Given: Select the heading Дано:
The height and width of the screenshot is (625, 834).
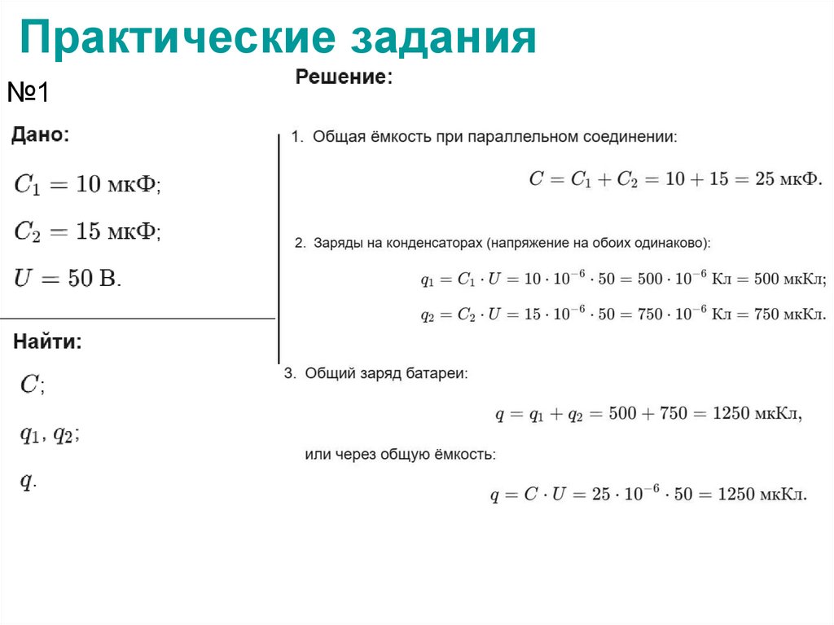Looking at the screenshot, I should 41,135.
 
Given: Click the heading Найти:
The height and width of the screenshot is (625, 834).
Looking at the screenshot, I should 47,342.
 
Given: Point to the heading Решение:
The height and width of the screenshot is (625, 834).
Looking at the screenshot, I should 344,78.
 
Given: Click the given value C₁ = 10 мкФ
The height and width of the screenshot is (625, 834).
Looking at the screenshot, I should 87,185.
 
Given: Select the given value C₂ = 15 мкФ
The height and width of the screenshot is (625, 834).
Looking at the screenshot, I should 87,232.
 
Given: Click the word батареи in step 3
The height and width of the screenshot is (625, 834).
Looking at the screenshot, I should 441,374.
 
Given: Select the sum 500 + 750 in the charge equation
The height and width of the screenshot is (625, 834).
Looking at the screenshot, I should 640,414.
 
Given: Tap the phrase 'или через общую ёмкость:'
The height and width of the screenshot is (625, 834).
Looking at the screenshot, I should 400,455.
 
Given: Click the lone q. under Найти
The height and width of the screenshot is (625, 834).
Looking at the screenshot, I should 28,482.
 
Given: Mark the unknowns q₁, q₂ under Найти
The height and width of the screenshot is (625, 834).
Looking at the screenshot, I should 49,434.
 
